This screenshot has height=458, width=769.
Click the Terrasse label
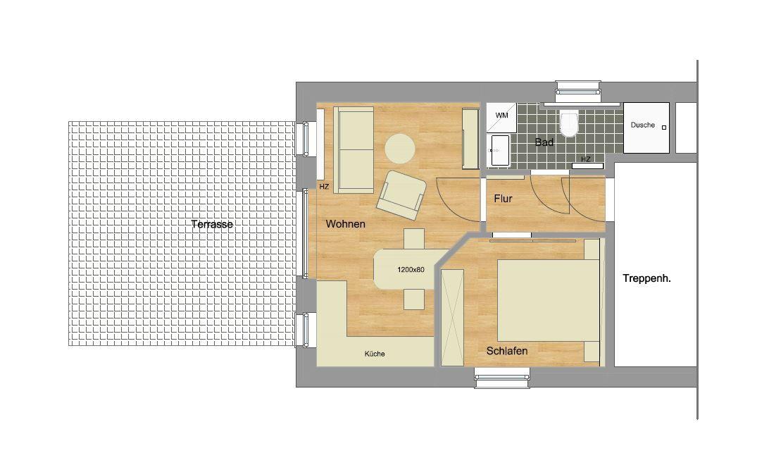pyautogui.click(x=212, y=224)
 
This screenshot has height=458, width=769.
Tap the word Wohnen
pyautogui.click(x=345, y=224)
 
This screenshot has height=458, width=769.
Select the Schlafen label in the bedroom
pyautogui.click(x=507, y=351)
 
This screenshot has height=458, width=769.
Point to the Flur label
pyautogui.click(x=504, y=198)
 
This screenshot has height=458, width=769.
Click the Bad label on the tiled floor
pyautogui.click(x=544, y=142)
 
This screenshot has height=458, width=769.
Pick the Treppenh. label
pyautogui.click(x=647, y=278)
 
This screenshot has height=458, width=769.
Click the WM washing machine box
pyautogui.click(x=501, y=118)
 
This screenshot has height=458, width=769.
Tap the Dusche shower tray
pyautogui.click(x=646, y=128)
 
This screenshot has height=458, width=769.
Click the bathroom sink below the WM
pyautogui.click(x=500, y=150)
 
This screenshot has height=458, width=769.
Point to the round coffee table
pyautogui.click(x=400, y=148)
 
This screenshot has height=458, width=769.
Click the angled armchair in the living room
pyautogui.click(x=401, y=195)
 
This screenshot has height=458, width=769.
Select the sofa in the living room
pyautogui.click(x=354, y=149)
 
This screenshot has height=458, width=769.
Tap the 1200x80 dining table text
pyautogui.click(x=411, y=269)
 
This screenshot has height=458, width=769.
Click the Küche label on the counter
pyautogui.click(x=375, y=354)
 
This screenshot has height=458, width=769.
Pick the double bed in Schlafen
pyautogui.click(x=549, y=300)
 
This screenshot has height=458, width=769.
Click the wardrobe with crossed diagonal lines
pyautogui.click(x=452, y=317)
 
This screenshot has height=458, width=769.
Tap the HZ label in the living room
pyautogui.click(x=324, y=187)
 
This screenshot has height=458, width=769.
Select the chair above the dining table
pyautogui.click(x=414, y=239)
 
